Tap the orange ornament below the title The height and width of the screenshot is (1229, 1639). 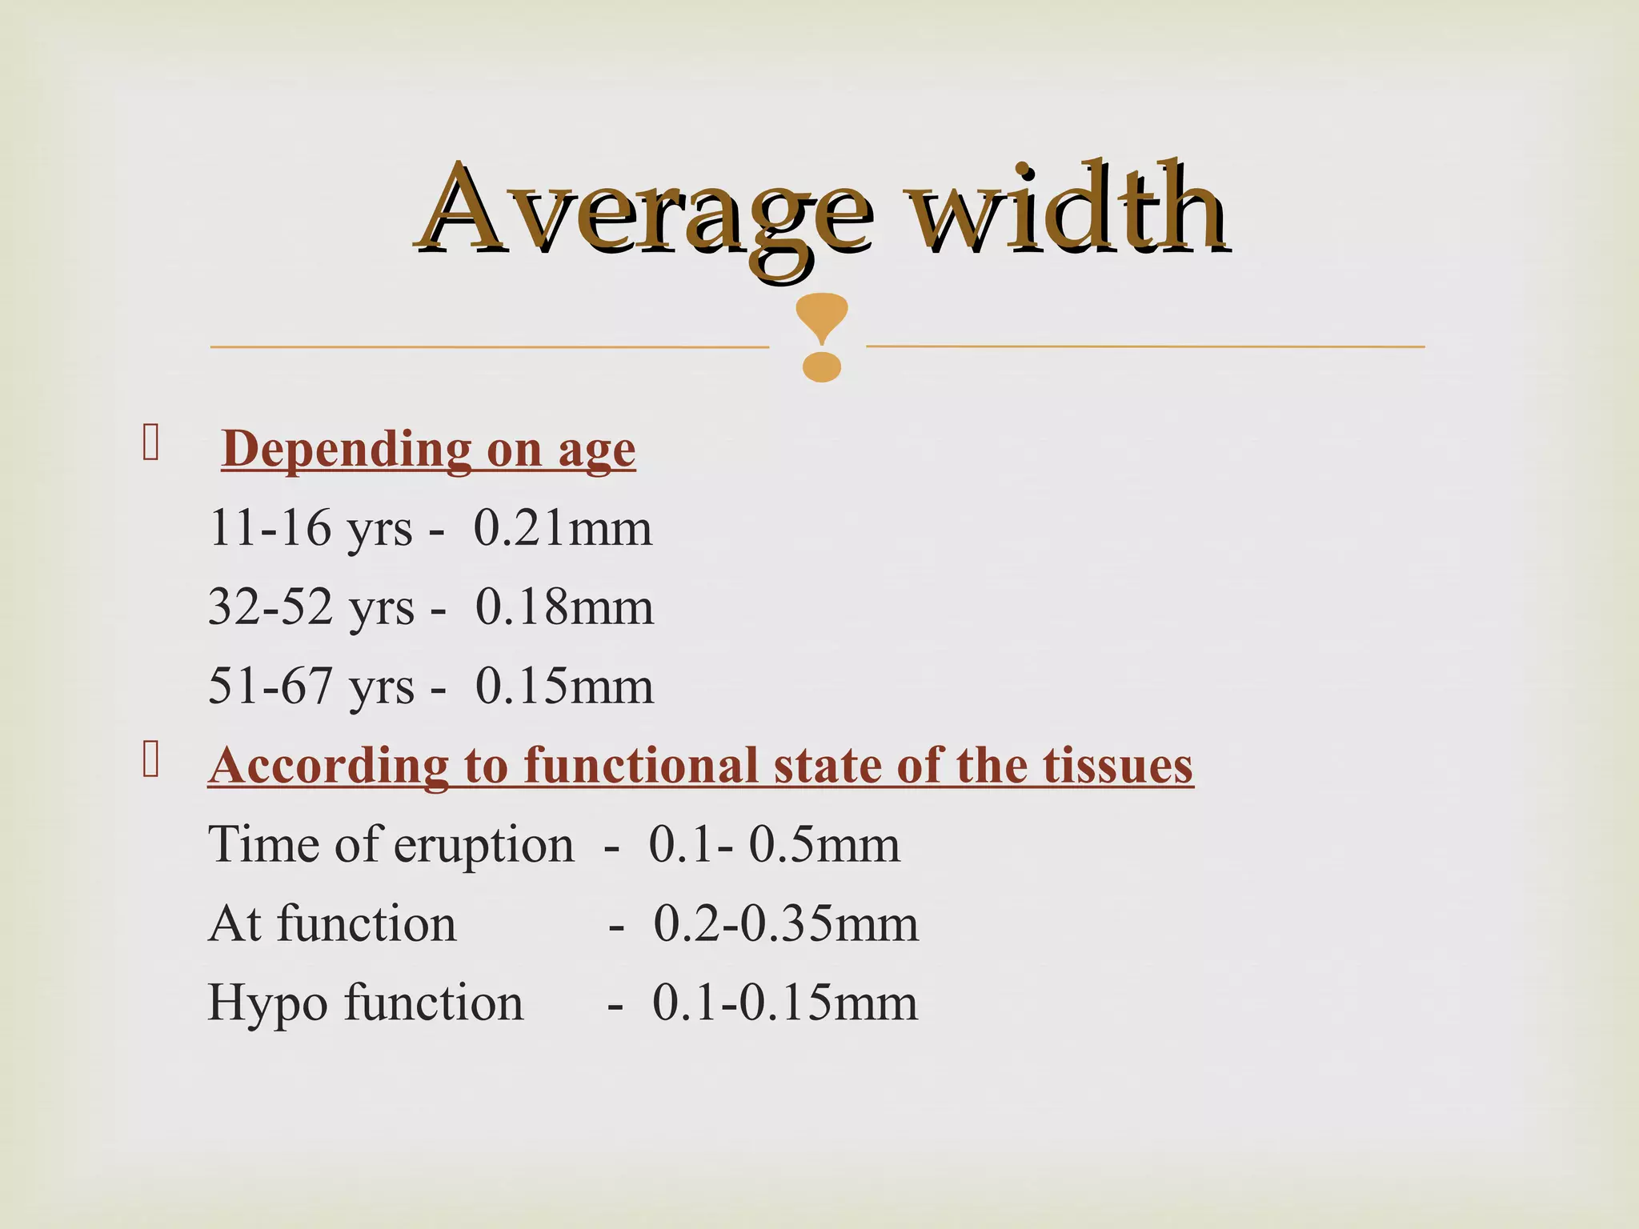[821, 337]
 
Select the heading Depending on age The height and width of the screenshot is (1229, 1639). [428, 450]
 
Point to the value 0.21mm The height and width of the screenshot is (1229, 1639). [563, 529]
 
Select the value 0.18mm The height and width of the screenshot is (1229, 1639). [564, 607]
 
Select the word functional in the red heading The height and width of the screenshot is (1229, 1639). [640, 766]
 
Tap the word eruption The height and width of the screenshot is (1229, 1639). [483, 845]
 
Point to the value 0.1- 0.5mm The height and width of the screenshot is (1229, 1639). [774, 845]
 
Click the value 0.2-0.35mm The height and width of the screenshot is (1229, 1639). [786, 924]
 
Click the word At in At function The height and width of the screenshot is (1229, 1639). [234, 924]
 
